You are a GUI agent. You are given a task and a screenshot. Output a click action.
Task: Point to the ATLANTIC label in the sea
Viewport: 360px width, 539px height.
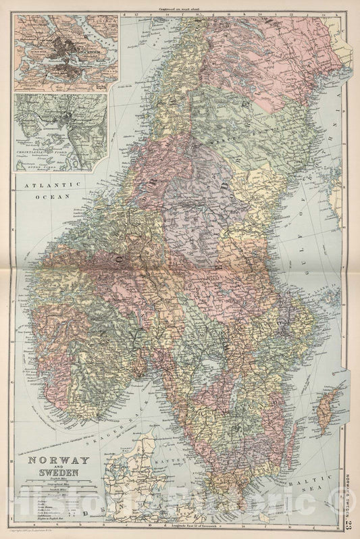(45, 183)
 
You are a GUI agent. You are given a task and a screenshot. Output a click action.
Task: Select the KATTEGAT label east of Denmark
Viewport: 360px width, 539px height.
(188, 448)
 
